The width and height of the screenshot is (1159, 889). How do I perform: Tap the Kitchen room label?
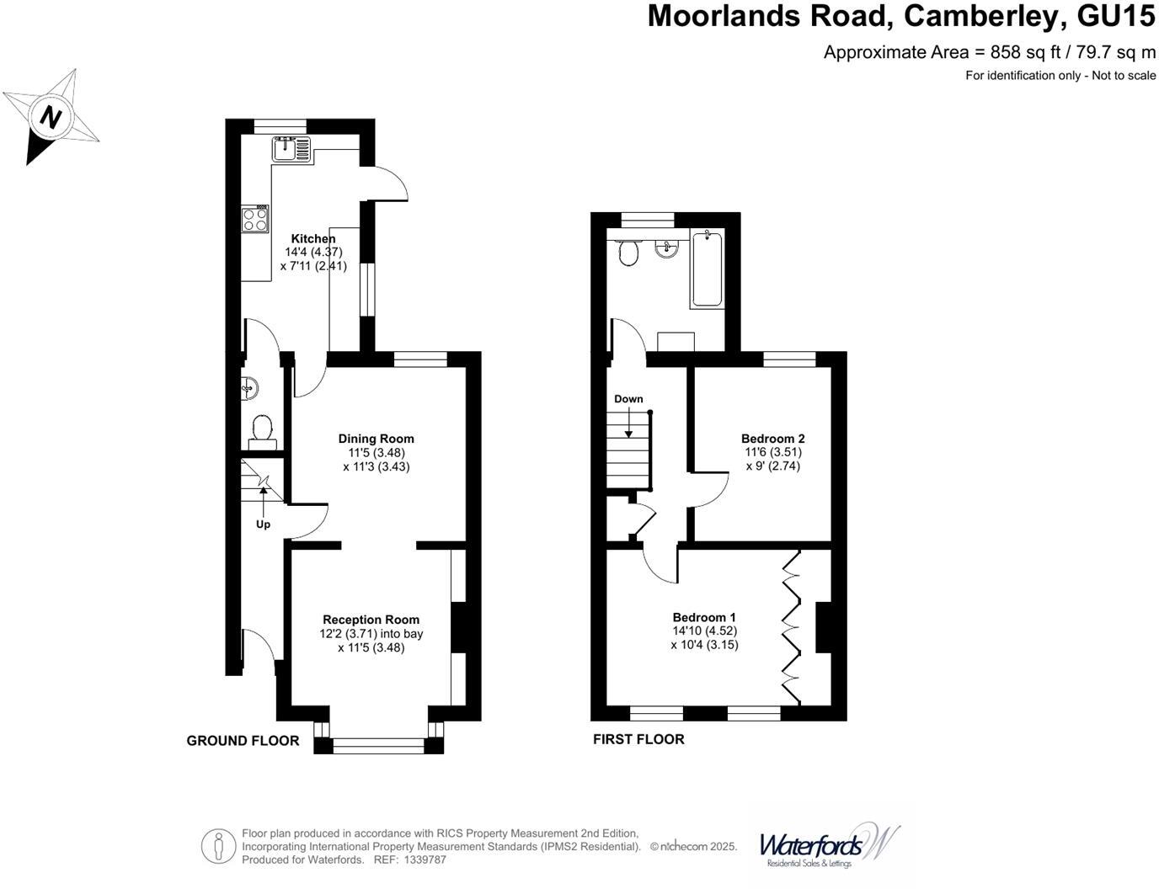313,239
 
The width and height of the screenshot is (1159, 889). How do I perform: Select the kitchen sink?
291,149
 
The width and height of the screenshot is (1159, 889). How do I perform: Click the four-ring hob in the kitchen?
256,219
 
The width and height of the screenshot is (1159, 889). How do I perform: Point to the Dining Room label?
377,439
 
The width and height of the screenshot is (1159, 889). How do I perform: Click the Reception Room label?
371,620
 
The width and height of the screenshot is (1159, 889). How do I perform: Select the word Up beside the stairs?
264,524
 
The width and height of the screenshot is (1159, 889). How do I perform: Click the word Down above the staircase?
628,399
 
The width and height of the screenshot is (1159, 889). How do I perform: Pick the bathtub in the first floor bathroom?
707,269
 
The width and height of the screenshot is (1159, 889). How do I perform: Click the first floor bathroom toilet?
628,251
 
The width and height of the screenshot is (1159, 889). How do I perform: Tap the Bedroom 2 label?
773,439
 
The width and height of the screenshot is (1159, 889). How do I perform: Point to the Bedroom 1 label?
704,617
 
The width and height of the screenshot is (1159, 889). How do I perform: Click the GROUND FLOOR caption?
243,741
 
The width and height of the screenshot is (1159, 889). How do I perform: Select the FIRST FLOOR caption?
638,739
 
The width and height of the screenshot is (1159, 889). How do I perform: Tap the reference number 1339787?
425,860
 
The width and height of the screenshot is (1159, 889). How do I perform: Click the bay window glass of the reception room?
379,745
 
